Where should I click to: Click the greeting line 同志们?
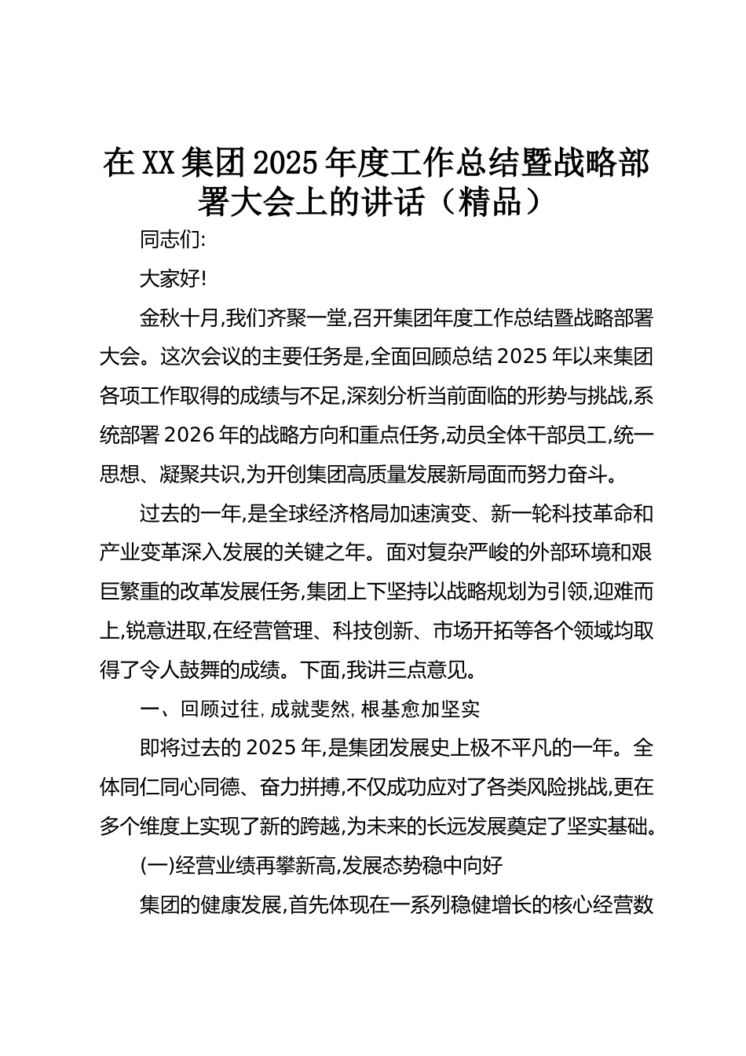click(x=172, y=240)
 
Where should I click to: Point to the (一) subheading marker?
click(x=155, y=866)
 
